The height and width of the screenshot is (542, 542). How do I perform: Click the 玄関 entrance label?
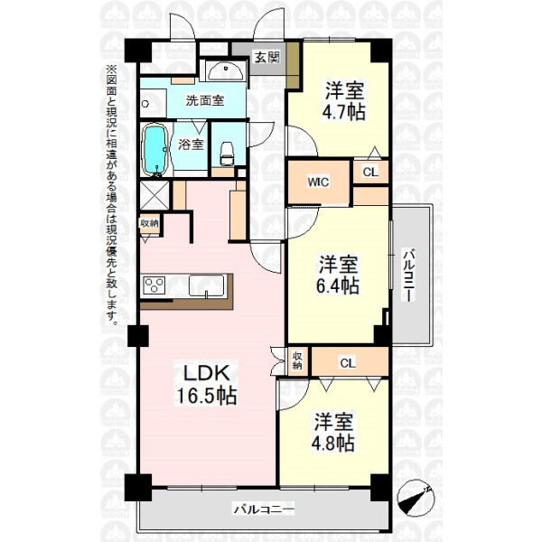click(266, 57)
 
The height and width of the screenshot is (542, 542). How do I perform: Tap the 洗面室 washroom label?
click(205, 100)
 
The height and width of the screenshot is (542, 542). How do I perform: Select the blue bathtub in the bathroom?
click(155, 150)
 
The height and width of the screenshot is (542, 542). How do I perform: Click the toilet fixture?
click(227, 154)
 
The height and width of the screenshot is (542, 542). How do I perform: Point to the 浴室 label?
click(191, 144)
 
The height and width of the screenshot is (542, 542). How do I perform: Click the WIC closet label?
click(318, 182)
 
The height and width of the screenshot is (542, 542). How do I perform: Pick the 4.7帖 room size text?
click(344, 111)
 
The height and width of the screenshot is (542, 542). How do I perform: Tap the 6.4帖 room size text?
click(338, 285)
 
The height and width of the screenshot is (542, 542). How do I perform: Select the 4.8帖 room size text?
click(332, 443)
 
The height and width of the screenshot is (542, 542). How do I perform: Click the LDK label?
click(206, 374)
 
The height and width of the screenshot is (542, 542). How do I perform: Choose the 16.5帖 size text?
click(207, 396)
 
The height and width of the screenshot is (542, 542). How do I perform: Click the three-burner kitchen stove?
click(154, 285)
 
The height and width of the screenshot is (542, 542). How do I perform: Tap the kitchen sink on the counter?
click(206, 285)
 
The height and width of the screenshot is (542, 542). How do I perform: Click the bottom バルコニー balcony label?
click(264, 509)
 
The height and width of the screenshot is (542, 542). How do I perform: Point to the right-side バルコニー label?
click(409, 275)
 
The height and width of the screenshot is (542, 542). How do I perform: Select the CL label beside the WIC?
click(370, 172)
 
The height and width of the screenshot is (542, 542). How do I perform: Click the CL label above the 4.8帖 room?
click(348, 363)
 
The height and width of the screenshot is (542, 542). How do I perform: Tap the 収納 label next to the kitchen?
click(149, 223)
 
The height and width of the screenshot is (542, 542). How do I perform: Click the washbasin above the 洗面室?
click(225, 71)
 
